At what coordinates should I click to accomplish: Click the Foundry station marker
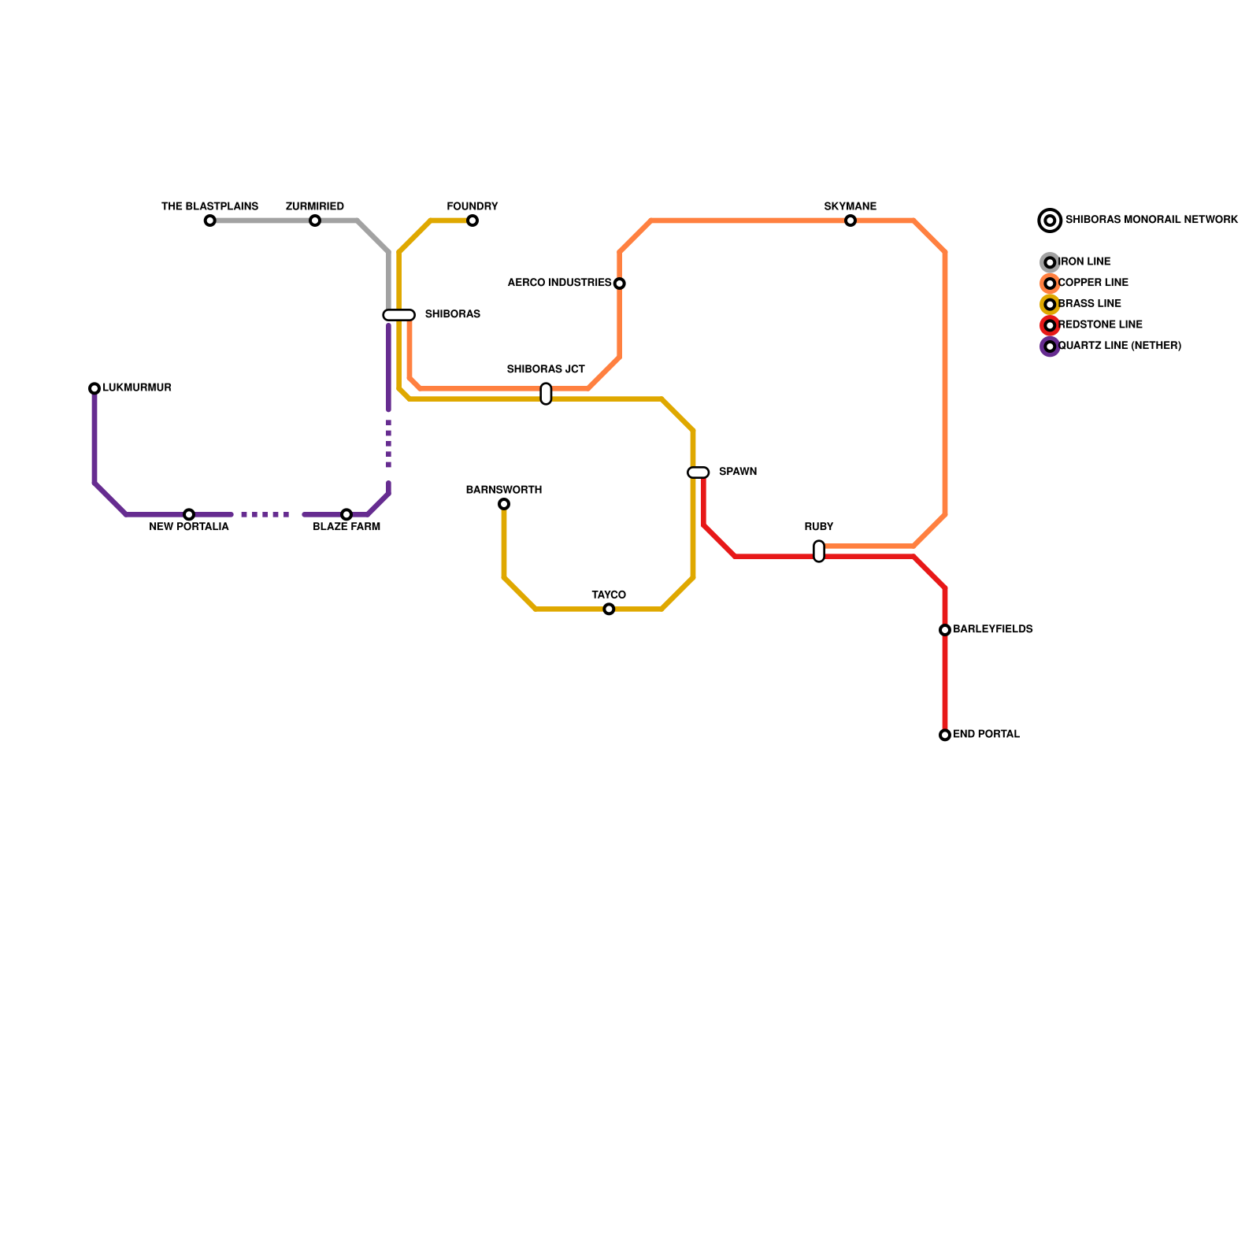click(472, 220)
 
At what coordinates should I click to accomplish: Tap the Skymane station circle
click(850, 220)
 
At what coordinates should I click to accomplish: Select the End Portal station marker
click(945, 735)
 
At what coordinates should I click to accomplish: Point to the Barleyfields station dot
click(945, 630)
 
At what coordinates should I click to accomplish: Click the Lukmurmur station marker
click(94, 388)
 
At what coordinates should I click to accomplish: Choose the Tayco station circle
click(609, 609)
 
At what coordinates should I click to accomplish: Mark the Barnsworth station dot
click(504, 504)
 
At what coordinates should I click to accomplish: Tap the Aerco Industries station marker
click(620, 283)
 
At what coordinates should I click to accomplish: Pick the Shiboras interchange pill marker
click(399, 315)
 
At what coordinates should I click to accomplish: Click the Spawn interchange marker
click(699, 472)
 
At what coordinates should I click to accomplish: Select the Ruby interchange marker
click(819, 551)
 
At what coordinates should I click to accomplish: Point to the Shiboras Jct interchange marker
click(546, 394)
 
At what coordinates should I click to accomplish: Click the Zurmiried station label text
click(315, 206)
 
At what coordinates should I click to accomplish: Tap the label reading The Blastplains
click(209, 206)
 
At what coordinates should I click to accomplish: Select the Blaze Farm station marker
click(346, 514)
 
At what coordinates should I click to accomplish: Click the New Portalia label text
click(189, 527)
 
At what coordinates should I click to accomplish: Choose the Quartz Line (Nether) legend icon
click(1050, 346)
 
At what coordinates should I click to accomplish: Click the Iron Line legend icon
click(1050, 262)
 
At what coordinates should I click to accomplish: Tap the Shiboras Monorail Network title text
click(1151, 220)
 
